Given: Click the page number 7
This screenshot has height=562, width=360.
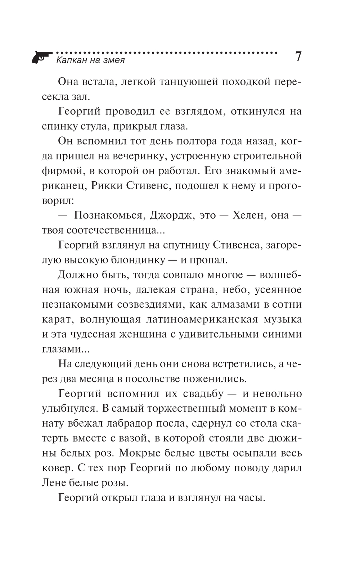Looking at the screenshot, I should click(x=298, y=57).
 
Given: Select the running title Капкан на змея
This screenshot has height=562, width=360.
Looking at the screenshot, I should click(x=91, y=60).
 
